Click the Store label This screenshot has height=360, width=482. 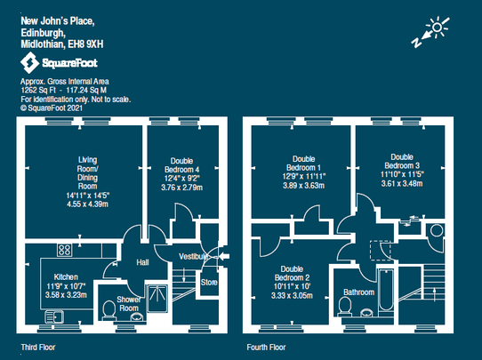tap(208, 283)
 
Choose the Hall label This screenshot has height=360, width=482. tap(142, 263)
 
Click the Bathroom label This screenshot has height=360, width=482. tap(358, 291)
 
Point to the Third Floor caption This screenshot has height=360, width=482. tap(39, 347)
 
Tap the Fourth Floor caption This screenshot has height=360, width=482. tap(266, 347)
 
